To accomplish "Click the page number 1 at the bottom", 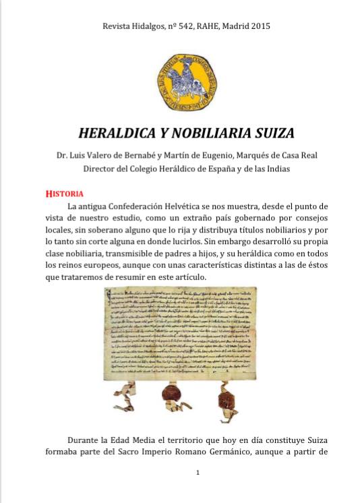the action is (x=198, y=472).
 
